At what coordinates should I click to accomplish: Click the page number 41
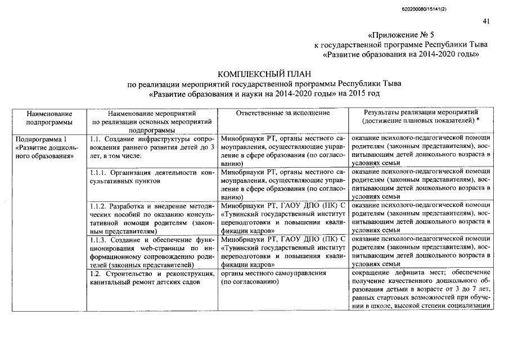point(487,21)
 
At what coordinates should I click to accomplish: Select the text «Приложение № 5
point(397,34)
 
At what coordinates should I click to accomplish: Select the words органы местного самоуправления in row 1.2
point(274,273)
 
